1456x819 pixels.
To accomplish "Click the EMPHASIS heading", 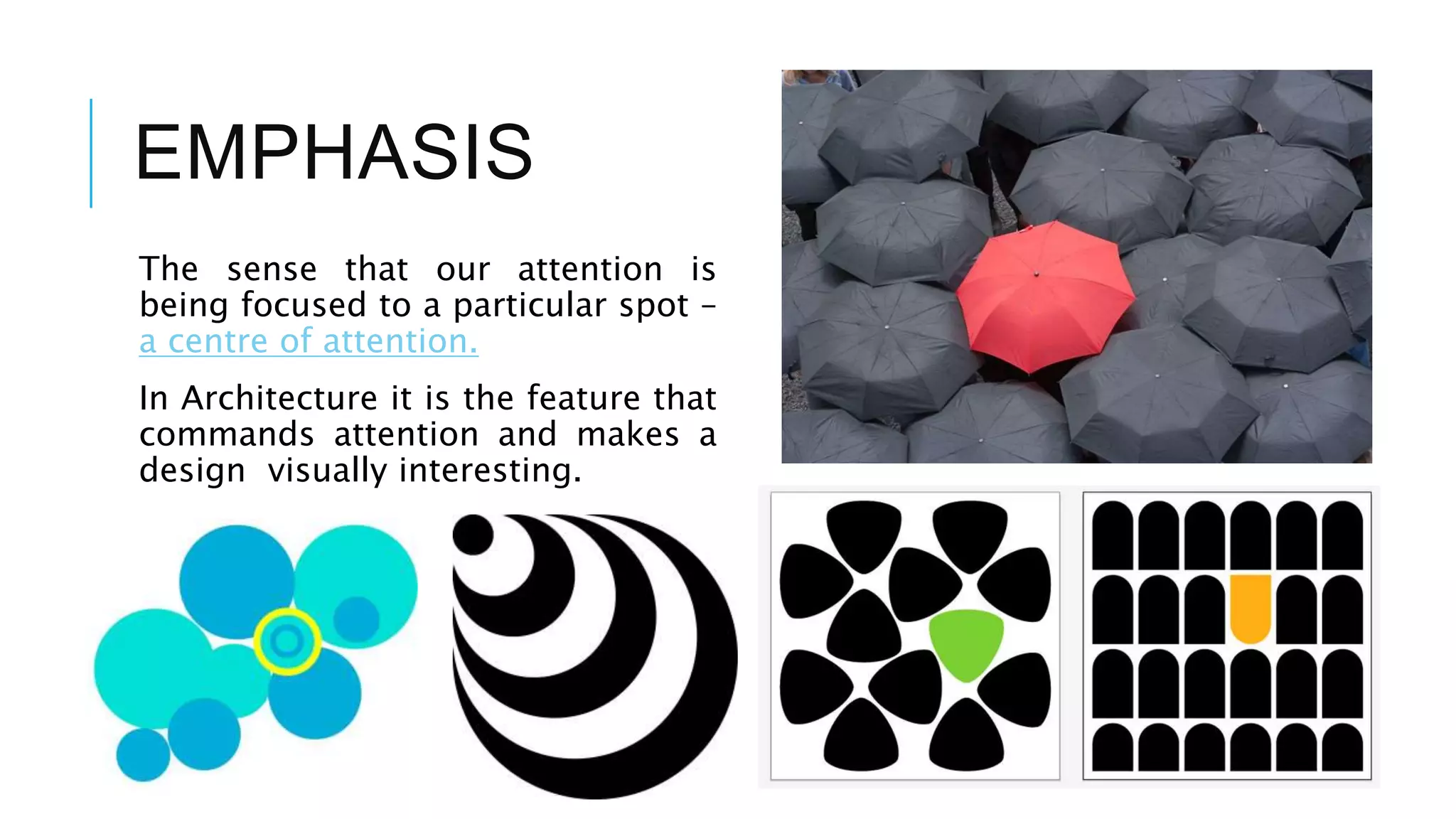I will [333, 152].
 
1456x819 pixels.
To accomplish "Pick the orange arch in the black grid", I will [1251, 609].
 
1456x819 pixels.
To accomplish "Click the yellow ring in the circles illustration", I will [287, 641].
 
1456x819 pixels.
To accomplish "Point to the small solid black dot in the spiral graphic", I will [473, 535].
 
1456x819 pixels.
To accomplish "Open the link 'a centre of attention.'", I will [309, 341].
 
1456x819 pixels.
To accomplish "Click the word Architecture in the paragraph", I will [279, 398].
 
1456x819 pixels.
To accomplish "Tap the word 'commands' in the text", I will [227, 434].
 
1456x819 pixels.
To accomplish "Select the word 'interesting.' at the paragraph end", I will [491, 471].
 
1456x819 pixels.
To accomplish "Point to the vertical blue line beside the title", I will [91, 153].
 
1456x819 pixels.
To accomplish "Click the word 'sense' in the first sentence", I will [272, 269].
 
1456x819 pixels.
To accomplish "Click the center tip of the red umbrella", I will [1037, 274].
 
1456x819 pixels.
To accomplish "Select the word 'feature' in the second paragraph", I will [584, 398].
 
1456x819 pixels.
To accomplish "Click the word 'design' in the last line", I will [192, 471].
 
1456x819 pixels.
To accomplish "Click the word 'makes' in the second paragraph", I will [628, 434].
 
